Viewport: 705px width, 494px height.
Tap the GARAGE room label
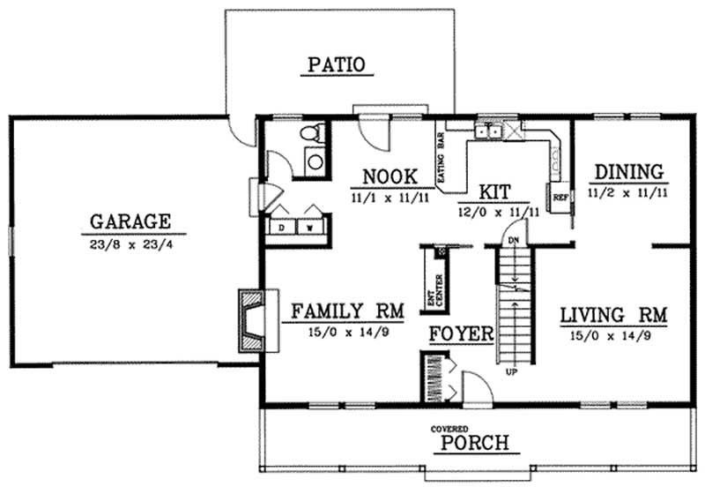(x=130, y=221)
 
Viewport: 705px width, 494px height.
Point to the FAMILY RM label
(x=347, y=311)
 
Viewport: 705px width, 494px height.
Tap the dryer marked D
(x=282, y=227)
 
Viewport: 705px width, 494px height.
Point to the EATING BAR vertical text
(x=441, y=156)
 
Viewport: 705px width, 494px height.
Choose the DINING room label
(x=627, y=170)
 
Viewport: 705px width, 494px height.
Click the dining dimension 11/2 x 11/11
(x=627, y=189)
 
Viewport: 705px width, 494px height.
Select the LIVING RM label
(x=614, y=315)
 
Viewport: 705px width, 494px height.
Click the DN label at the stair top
(x=516, y=240)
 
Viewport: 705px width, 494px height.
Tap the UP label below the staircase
(x=510, y=371)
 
